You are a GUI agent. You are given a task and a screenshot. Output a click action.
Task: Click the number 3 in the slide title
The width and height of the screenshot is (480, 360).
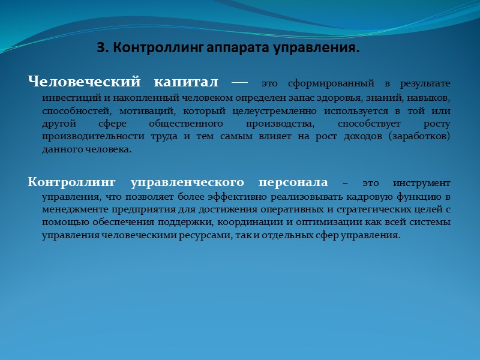(100, 48)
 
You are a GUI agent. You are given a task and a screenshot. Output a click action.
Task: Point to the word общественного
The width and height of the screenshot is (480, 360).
(193, 124)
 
